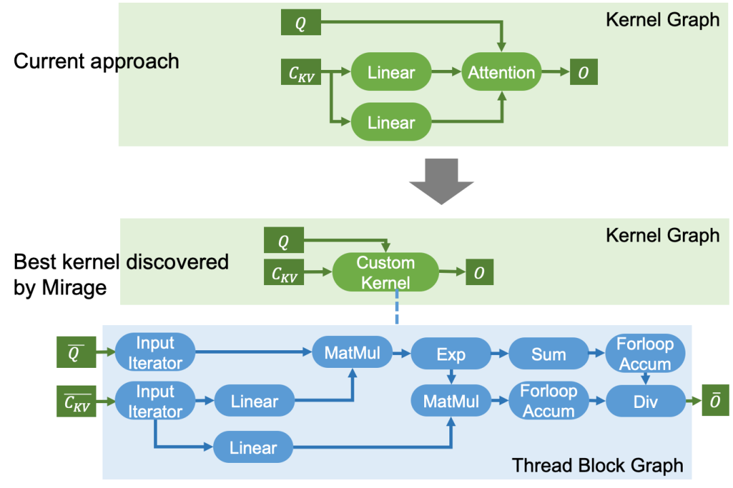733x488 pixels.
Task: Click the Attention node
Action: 502,72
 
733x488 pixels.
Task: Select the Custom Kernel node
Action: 386,273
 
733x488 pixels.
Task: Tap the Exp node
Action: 451,354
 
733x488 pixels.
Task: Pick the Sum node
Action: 548,354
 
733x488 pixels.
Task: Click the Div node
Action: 645,401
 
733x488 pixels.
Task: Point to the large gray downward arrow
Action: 441,181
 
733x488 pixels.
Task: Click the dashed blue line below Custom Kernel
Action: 397,307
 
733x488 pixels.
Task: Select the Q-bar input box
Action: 76,352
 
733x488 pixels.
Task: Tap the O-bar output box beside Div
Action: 715,400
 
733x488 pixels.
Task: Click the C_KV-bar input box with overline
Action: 76,401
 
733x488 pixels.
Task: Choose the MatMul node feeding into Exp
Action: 352,352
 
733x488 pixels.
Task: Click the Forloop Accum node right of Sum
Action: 645,354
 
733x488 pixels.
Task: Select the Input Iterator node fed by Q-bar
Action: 155,352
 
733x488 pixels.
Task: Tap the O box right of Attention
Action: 584,72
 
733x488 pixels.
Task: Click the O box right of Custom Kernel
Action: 480,272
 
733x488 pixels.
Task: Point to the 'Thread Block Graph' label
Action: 597,466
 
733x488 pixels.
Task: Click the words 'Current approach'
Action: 96,61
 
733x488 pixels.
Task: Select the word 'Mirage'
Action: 74,288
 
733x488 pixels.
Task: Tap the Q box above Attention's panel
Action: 301,22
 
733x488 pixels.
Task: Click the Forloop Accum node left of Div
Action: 548,400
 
